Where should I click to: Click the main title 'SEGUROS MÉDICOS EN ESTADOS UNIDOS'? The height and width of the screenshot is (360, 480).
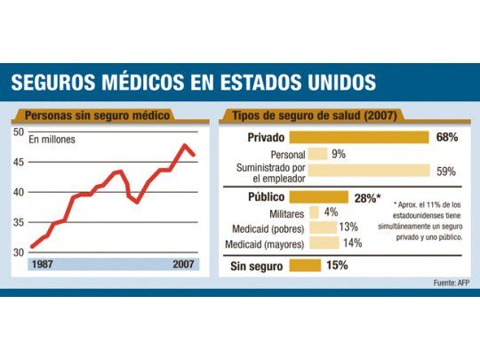pyautogui.click(x=193, y=84)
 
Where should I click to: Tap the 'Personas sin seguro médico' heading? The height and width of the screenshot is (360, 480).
pyautogui.click(x=98, y=116)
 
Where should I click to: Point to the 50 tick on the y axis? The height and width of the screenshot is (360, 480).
pyautogui.click(x=19, y=132)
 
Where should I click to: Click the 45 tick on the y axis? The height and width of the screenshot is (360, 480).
pyautogui.click(x=19, y=162)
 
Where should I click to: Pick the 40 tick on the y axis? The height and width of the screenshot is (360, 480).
pyautogui.click(x=19, y=192)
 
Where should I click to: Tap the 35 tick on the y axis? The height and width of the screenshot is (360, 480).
pyautogui.click(x=19, y=222)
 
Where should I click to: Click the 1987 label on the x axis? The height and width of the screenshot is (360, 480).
pyautogui.click(x=42, y=265)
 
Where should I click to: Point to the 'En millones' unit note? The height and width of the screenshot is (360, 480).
pyautogui.click(x=52, y=140)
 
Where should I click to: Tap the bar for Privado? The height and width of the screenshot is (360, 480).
pyautogui.click(x=360, y=137)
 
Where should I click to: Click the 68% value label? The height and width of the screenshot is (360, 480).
pyautogui.click(x=447, y=137)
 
